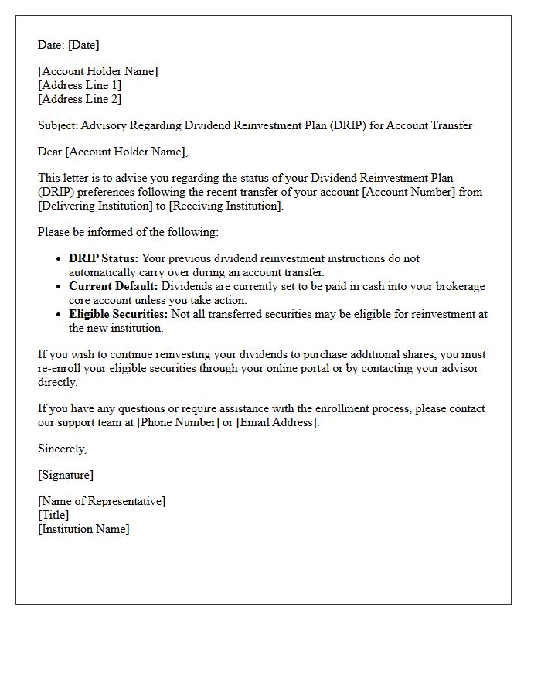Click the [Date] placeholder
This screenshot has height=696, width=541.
[83, 45]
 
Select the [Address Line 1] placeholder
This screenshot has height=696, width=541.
[80, 85]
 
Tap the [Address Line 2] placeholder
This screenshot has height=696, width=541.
[80, 99]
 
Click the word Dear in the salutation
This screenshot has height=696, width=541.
[50, 152]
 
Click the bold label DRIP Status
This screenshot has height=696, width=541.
[104, 258]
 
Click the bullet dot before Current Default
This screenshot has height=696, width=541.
[60, 287]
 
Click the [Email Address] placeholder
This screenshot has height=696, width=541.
[277, 422]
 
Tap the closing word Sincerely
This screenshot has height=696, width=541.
[62, 449]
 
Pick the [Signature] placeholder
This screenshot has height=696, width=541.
[66, 475]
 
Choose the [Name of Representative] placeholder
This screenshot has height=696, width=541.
[101, 501]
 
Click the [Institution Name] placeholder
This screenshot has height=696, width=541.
[84, 529]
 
